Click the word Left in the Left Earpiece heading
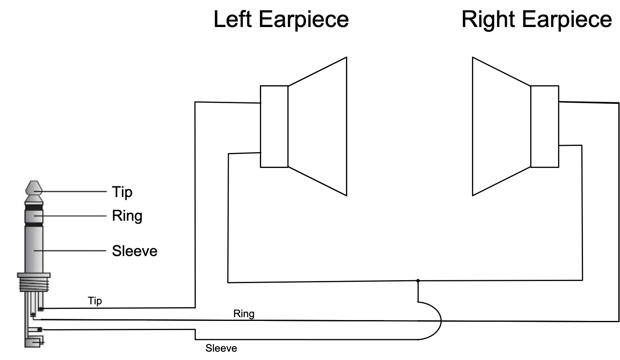[232, 19]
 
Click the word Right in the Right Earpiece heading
[488, 20]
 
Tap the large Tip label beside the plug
[122, 192]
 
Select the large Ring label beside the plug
[127, 216]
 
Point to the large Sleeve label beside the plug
[134, 251]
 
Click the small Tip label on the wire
[95, 301]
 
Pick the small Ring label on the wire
[244, 314]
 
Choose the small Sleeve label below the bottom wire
[221, 348]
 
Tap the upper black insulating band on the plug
[34, 207]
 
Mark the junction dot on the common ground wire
[418, 281]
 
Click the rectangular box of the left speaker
[274, 126]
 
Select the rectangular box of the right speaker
[545, 126]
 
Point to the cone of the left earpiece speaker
[317, 126]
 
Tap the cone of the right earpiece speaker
[501, 126]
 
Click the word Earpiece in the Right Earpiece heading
[567, 20]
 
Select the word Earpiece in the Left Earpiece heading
[304, 20]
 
